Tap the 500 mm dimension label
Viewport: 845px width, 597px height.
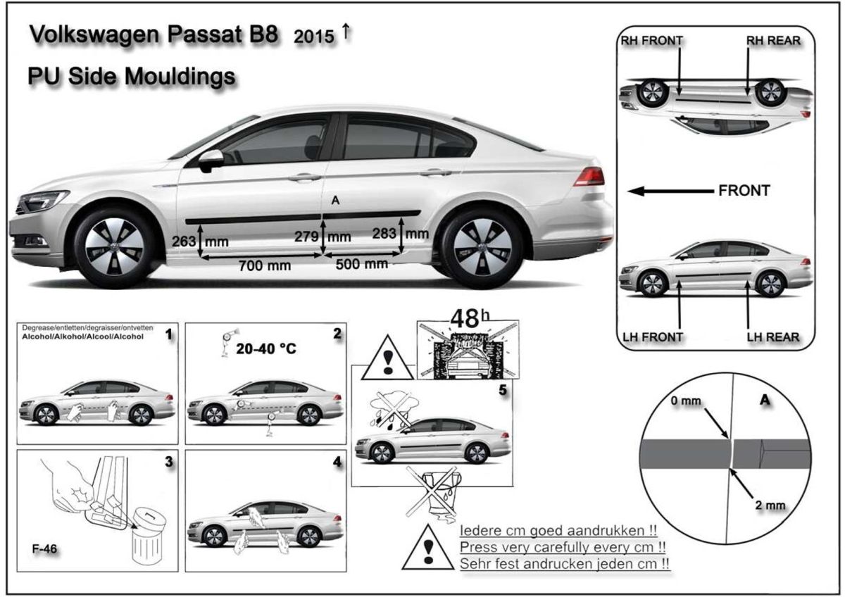click(x=361, y=263)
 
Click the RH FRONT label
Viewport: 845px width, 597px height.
click(x=651, y=41)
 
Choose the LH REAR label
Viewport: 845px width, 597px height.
click(x=773, y=337)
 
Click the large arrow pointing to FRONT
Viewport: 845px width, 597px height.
click(x=669, y=191)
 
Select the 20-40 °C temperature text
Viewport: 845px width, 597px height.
click(x=266, y=348)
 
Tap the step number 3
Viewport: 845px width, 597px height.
click(x=169, y=463)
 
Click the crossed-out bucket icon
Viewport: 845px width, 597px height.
click(x=433, y=491)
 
